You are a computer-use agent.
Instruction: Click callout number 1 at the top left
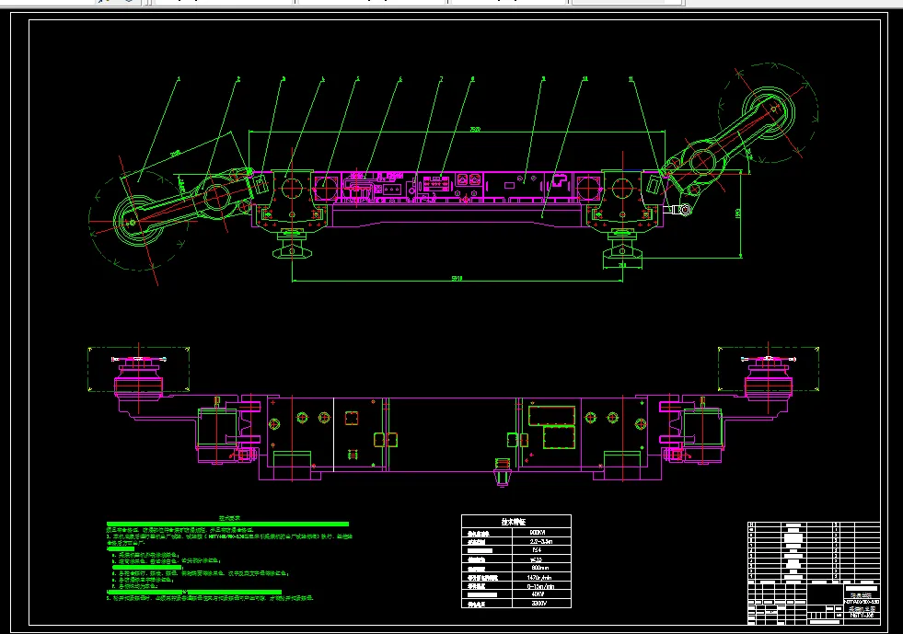179,79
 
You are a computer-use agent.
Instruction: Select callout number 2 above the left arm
237,79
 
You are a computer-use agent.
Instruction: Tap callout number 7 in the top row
441,79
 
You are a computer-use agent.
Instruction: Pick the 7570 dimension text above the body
474,128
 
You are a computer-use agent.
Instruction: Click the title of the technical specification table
515,521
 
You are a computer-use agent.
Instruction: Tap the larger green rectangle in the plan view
552,416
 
